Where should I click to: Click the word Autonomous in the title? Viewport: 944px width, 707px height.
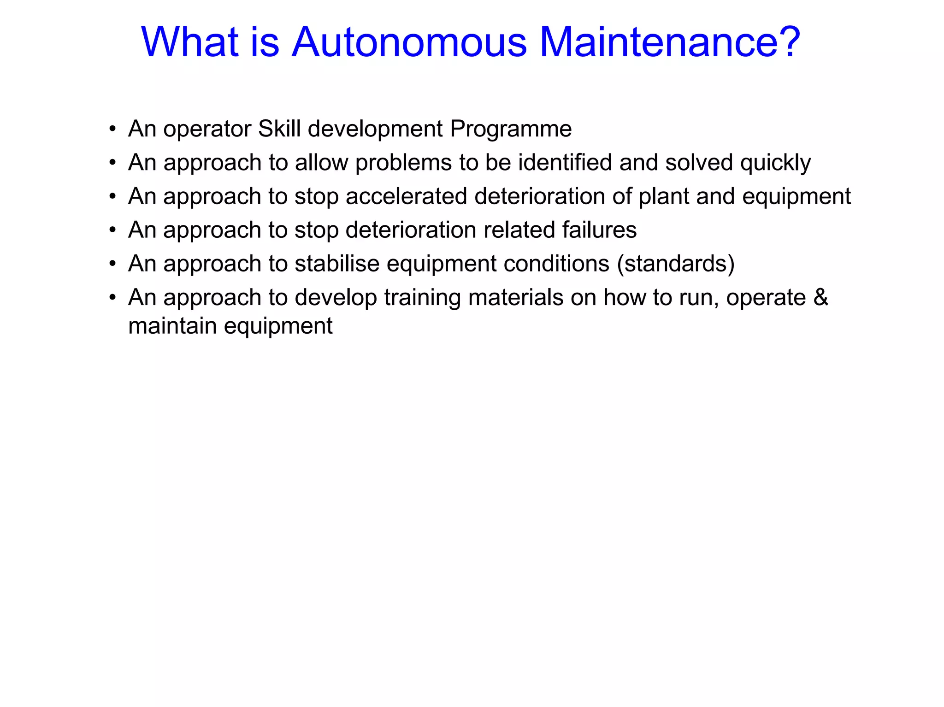pyautogui.click(x=409, y=42)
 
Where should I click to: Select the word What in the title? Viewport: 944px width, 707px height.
pyautogui.click(x=189, y=42)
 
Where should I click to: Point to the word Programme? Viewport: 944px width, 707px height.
pyautogui.click(x=511, y=129)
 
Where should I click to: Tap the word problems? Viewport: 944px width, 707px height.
pyautogui.click(x=403, y=163)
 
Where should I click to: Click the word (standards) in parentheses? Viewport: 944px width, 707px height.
pyautogui.click(x=676, y=264)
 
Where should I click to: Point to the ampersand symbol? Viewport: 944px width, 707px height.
pyautogui.click(x=820, y=297)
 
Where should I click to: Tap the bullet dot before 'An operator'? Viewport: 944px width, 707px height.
pyautogui.click(x=112, y=130)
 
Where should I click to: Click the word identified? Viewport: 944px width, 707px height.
pyautogui.click(x=565, y=163)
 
